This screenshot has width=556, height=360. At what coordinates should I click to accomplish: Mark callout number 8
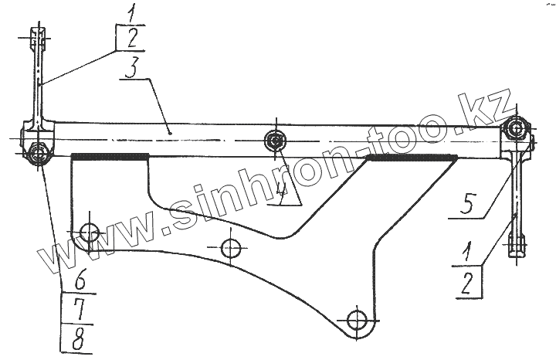76,338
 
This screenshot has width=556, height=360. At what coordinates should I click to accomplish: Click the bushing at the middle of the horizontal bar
275,141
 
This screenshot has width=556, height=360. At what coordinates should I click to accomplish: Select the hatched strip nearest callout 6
109,157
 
